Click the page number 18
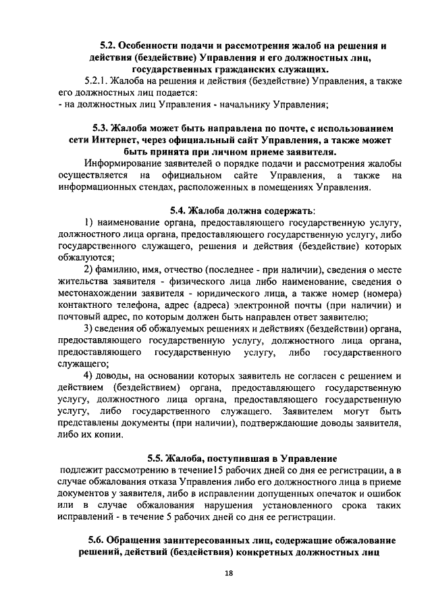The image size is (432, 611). tap(228, 574)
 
